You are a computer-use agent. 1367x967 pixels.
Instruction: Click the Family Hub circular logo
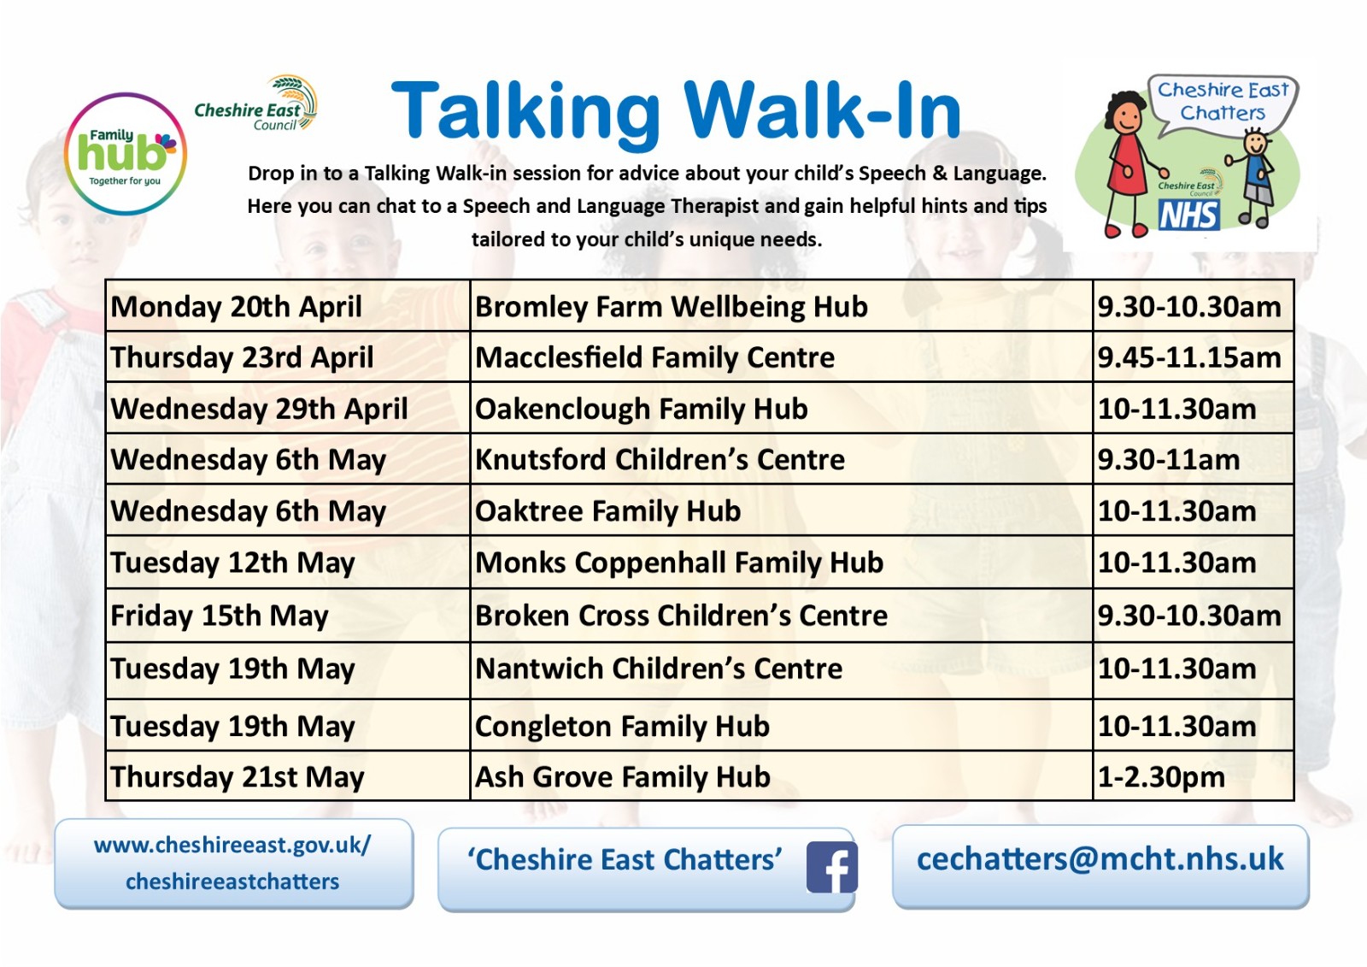coord(126,154)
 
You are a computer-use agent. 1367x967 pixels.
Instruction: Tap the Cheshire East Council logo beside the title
coord(256,103)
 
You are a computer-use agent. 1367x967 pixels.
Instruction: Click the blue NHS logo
coord(1188,215)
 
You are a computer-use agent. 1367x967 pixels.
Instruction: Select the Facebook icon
coord(832,867)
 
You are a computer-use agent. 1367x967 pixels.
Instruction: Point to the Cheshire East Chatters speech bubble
coord(1223,104)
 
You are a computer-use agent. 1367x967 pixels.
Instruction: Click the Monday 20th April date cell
coord(287,306)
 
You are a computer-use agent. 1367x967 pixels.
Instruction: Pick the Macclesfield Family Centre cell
coord(781,357)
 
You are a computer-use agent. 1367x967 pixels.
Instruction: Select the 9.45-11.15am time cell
coord(1193,357)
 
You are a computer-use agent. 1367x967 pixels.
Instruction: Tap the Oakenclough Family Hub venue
coord(642,409)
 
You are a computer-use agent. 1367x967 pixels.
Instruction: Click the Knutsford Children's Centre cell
coord(781,459)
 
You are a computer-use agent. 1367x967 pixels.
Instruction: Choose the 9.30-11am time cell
coord(1193,459)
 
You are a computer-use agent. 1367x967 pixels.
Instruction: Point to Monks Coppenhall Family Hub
coord(679,563)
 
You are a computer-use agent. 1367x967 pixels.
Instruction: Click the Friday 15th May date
coord(219,616)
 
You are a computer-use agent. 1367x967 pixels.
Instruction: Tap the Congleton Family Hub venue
coord(623,727)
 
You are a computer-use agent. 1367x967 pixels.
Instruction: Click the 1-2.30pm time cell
coord(1193,775)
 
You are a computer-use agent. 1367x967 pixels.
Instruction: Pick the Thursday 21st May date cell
coord(287,775)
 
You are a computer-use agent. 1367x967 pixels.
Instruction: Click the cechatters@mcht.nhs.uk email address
coord(1100,859)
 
